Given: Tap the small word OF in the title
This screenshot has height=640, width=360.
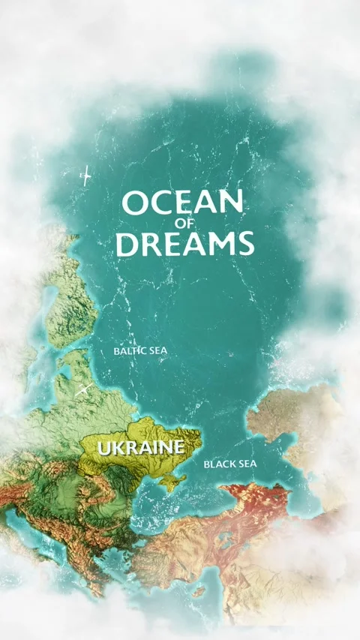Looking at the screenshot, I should click(x=184, y=224).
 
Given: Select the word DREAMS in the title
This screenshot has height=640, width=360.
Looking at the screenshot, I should click(x=185, y=243).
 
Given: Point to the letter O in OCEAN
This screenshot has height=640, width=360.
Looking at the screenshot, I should click(x=136, y=204).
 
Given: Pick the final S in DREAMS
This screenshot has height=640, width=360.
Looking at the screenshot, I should click(x=245, y=243).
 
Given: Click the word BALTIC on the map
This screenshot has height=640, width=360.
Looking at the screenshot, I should click(x=127, y=350).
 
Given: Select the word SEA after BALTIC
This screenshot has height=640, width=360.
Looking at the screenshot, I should click(x=157, y=350).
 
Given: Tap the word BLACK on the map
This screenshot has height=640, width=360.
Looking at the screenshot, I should click(x=220, y=464).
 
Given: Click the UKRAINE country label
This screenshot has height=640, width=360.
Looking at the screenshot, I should click(x=141, y=448).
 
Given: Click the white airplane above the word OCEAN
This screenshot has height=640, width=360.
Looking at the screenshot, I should click(x=85, y=176).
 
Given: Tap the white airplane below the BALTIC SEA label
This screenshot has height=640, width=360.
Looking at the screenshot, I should click(x=84, y=389).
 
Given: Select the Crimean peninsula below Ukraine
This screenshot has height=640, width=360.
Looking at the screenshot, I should click(x=173, y=481).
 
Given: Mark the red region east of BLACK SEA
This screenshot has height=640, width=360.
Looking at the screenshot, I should click(x=259, y=499).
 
